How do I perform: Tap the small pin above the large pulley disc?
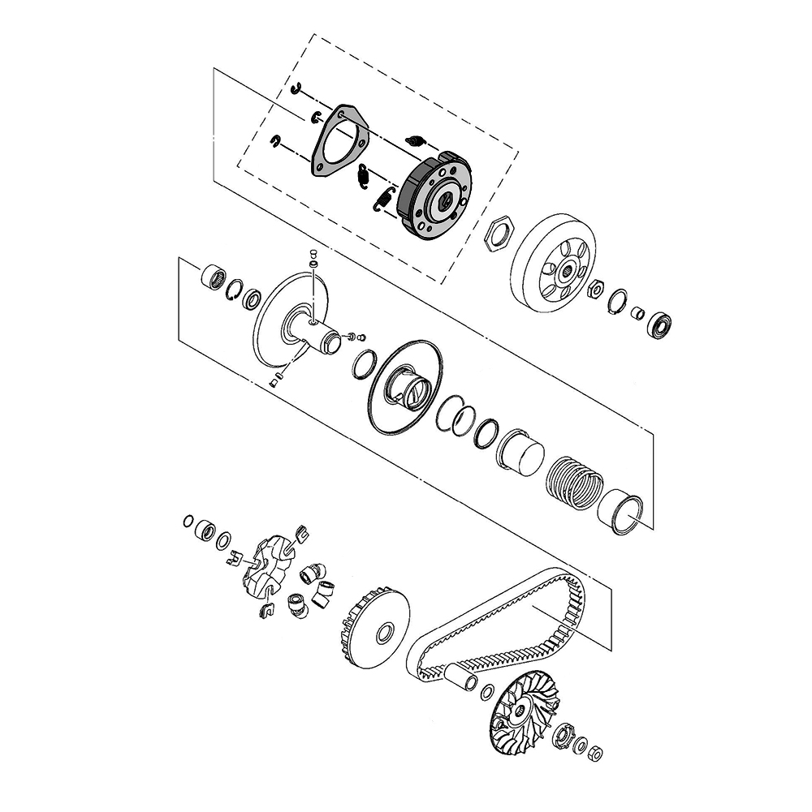tap(313, 258)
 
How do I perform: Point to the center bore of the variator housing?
tap(385, 631)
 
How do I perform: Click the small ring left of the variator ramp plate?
tap(188, 520)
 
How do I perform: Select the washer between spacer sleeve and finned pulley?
tap(487, 691)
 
